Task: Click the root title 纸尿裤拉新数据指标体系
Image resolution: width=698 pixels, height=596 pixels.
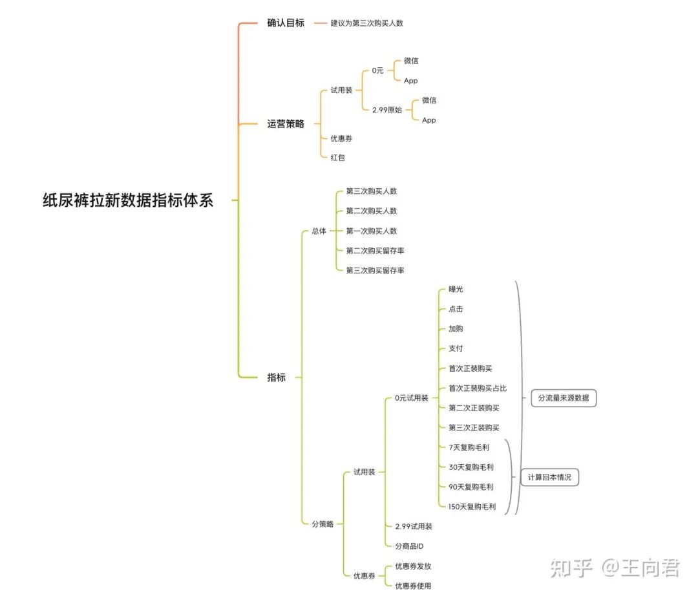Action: tap(128, 200)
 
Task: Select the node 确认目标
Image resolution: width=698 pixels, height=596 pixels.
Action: tap(286, 23)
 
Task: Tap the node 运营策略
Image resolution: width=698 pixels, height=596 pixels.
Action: tap(286, 123)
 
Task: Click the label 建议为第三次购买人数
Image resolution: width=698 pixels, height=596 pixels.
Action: tap(367, 23)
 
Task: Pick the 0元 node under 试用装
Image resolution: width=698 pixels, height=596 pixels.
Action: tap(377, 70)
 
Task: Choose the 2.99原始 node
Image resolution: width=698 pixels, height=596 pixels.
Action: tap(387, 110)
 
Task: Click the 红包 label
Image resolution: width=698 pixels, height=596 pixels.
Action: tap(337, 157)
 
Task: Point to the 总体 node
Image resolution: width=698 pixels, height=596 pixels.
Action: tap(319, 231)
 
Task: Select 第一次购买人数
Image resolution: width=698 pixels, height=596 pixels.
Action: tap(372, 231)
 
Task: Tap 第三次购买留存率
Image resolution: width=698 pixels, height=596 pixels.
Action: tap(375, 270)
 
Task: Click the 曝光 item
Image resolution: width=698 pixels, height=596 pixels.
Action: tap(456, 289)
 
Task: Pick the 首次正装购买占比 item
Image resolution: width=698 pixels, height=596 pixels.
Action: tap(478, 388)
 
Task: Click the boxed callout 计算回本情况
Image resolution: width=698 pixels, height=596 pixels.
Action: tap(549, 478)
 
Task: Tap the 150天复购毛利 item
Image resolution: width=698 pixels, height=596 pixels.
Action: tap(472, 507)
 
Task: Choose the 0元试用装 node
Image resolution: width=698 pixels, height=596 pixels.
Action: tap(412, 398)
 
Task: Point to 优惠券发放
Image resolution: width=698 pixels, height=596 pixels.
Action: tap(413, 566)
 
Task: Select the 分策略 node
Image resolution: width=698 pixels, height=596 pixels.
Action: tap(323, 524)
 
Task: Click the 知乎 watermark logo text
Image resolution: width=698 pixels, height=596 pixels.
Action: tap(571, 569)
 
